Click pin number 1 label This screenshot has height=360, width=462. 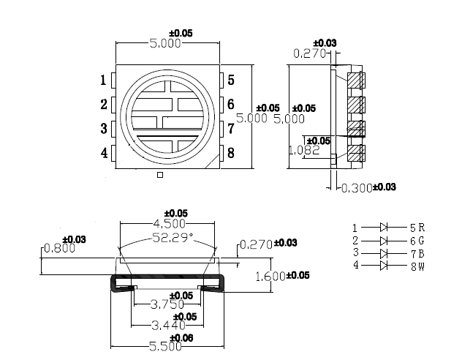pos(104,80)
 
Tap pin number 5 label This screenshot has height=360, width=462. pos(230,80)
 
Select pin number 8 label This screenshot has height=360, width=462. pos(230,153)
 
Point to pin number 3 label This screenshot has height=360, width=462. pos(104,130)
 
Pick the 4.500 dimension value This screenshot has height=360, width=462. pos(168,224)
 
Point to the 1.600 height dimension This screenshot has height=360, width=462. pos(270,277)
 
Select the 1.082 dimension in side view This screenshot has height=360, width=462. pos(304,150)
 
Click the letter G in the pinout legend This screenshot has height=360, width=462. pos(421,240)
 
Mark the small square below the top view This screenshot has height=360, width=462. pos(160,176)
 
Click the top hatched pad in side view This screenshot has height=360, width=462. pos(355,79)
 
